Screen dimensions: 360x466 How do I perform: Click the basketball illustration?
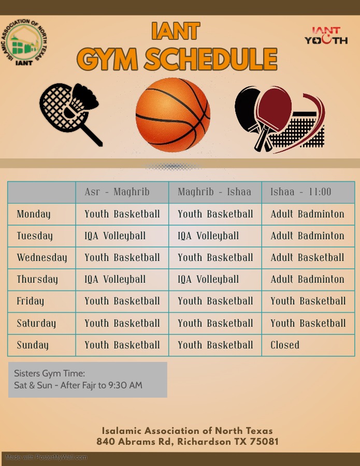tap(172, 115)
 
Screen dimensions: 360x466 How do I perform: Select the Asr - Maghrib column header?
tap(117, 192)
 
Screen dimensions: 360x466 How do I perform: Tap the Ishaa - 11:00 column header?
tap(300, 192)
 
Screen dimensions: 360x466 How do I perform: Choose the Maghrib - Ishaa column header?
tap(214, 192)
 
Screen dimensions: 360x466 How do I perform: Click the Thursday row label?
tap(37, 280)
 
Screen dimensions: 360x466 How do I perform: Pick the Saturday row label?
tap(36, 323)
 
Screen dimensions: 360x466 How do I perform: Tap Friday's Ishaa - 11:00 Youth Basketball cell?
tap(308, 301)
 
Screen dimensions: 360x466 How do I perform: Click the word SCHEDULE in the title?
tap(210, 59)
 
